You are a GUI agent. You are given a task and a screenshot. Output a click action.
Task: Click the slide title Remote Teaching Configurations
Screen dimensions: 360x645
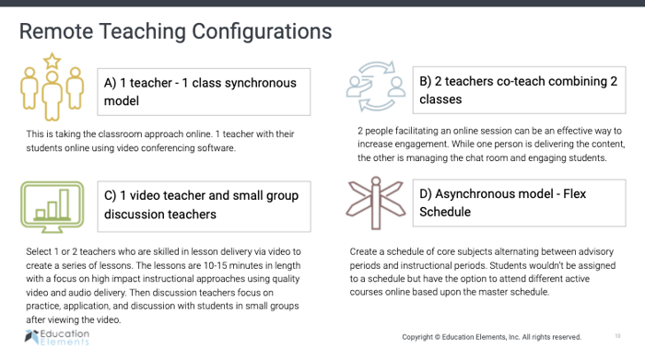(x=176, y=31)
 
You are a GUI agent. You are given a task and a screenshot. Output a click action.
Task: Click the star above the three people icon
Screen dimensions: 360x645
(x=52, y=62)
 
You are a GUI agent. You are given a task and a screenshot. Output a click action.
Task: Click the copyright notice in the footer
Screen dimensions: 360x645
(x=491, y=337)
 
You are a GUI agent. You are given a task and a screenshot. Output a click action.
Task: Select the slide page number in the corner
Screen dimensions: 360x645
(x=616, y=336)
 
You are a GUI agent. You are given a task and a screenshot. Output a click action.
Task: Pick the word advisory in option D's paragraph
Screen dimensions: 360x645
(x=585, y=251)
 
